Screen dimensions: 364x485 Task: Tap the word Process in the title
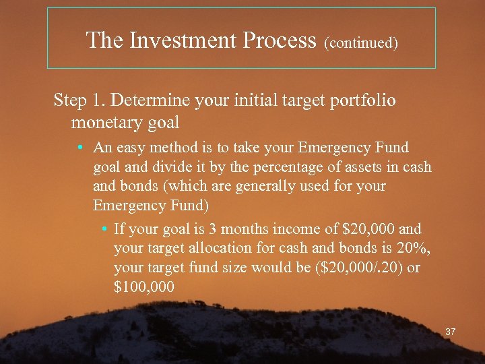tap(282, 40)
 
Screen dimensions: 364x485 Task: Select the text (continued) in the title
tap(361, 42)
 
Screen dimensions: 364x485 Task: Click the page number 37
tap(451, 332)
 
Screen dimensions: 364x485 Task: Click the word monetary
tap(102, 123)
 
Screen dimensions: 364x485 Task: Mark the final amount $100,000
tap(144, 286)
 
